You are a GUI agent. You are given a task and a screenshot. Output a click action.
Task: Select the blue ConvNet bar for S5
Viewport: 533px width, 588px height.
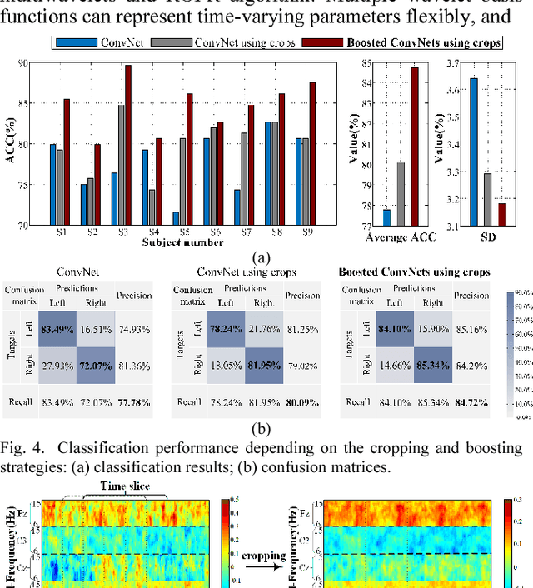(x=152, y=218)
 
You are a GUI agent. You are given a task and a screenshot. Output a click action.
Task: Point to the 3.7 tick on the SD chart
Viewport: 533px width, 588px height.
(x=451, y=62)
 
